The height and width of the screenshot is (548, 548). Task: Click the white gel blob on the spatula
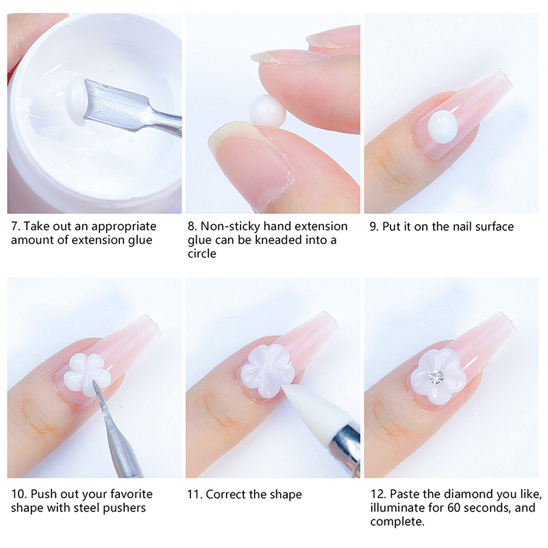coord(75,101)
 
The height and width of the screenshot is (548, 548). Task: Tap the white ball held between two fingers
coord(268,111)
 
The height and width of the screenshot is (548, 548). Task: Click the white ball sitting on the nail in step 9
coord(443,127)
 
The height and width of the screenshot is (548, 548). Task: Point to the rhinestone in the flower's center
coord(436,377)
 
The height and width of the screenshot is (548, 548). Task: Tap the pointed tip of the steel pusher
coord(93,382)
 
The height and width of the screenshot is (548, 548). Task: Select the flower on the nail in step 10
coord(87,374)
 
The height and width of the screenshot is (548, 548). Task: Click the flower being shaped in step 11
coord(266,371)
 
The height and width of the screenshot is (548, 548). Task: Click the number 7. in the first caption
coord(16,227)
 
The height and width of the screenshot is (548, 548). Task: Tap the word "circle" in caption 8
coord(201,253)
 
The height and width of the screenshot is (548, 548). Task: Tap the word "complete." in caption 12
coord(397,522)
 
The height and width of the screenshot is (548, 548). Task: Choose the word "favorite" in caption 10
coord(131,494)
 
